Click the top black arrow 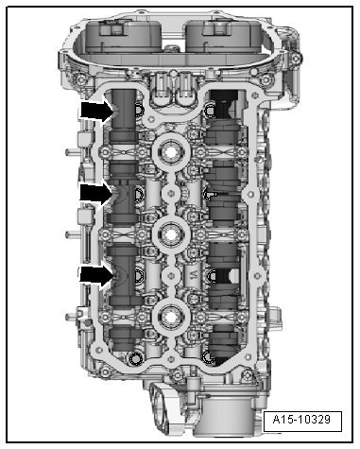pyautogui.click(x=96, y=111)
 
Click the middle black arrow pyautogui.click(x=96, y=193)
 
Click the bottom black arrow pyautogui.click(x=96, y=275)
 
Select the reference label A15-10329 pyautogui.click(x=302, y=420)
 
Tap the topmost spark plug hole pyautogui.click(x=171, y=153)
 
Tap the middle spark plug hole pyautogui.click(x=171, y=234)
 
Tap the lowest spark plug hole pyautogui.click(x=171, y=317)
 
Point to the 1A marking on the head pyautogui.click(x=194, y=275)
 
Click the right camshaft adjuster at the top pyautogui.click(x=224, y=35)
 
